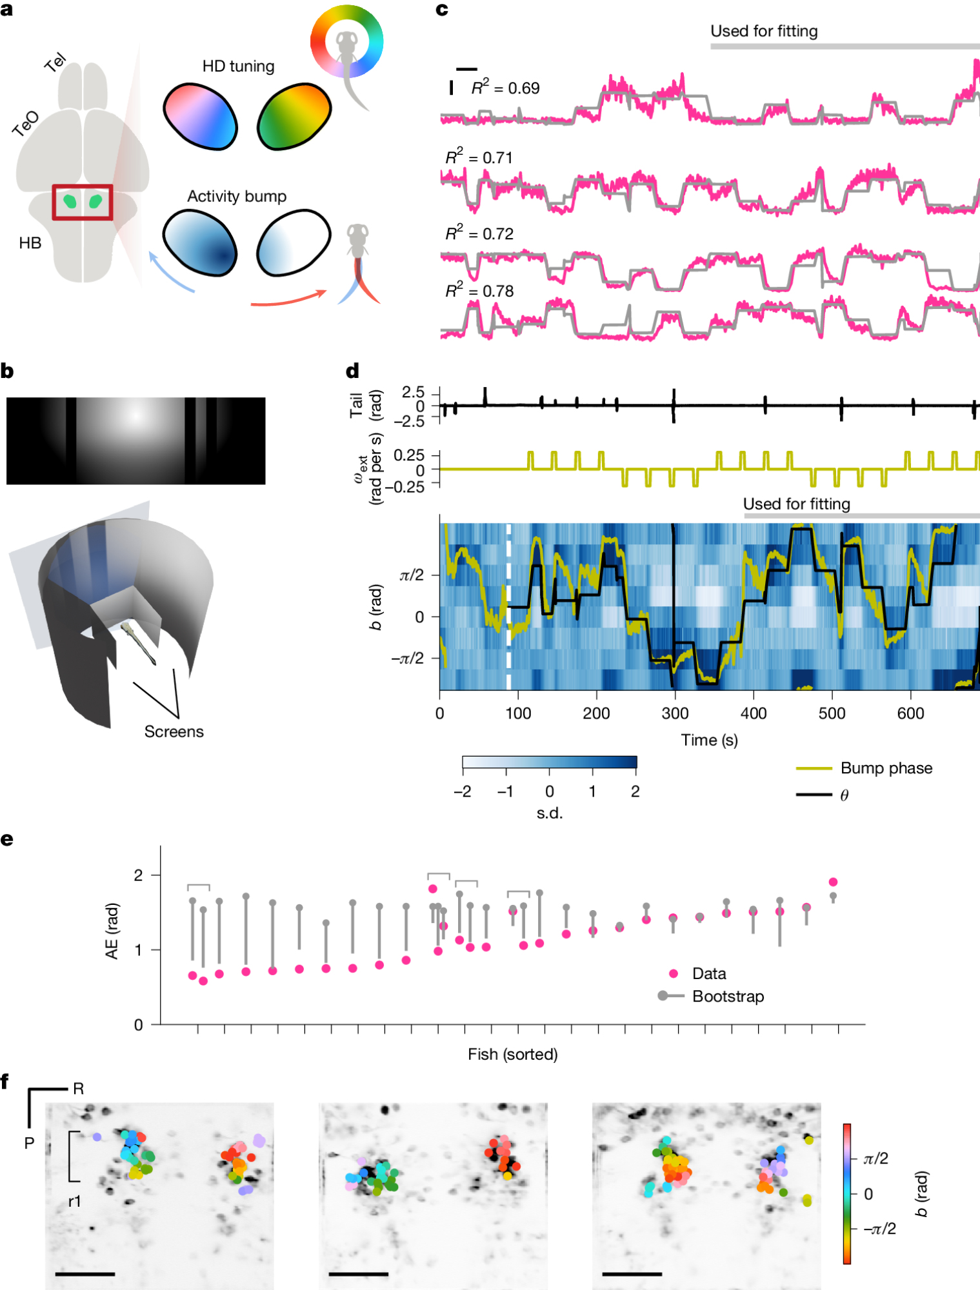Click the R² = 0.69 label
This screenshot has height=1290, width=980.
(x=505, y=87)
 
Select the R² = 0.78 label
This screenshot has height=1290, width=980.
(x=479, y=290)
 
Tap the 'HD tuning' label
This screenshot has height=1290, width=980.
(x=238, y=66)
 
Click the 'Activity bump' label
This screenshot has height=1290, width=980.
(x=236, y=196)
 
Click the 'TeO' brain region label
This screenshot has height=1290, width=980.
(x=26, y=123)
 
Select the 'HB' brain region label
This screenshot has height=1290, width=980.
(x=30, y=243)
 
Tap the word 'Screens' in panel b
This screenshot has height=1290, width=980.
(x=174, y=731)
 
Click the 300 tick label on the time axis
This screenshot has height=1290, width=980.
(x=675, y=713)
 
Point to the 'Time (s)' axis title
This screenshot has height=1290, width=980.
(x=709, y=740)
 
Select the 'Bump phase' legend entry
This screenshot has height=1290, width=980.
(x=886, y=768)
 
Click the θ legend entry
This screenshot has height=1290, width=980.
(x=844, y=795)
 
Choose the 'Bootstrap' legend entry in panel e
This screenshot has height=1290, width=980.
(x=727, y=997)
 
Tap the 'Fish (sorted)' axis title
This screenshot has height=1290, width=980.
(x=512, y=1054)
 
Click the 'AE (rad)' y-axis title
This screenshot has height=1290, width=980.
(x=112, y=931)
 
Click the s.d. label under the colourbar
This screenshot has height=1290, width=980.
(x=549, y=813)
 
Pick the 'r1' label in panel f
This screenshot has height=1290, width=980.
(x=75, y=1201)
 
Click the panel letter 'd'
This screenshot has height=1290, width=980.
(x=352, y=371)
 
